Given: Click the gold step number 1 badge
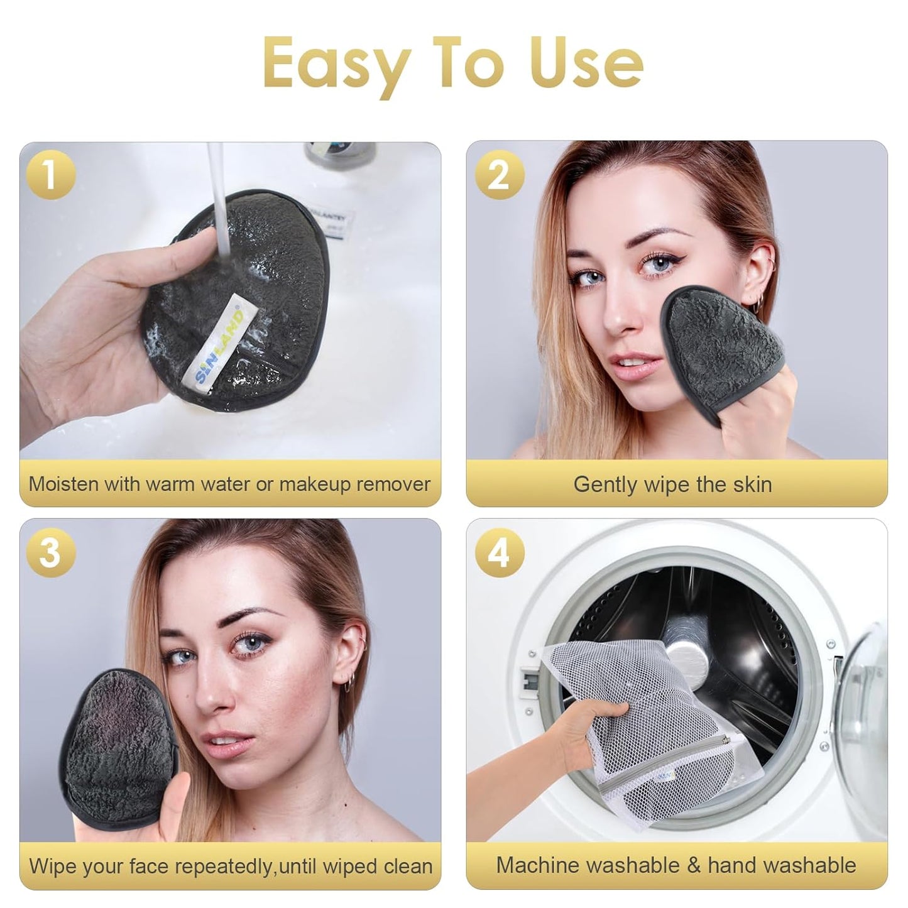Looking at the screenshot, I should pyautogui.click(x=50, y=175).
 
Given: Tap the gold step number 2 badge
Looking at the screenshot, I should pyautogui.click(x=498, y=175).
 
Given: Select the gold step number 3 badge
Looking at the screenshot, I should pyautogui.click(x=50, y=552).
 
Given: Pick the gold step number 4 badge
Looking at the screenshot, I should pyautogui.click(x=498, y=552).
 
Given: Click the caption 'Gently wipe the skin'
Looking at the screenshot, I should pyautogui.click(x=672, y=484).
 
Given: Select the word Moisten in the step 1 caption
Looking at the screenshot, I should pyautogui.click(x=63, y=484).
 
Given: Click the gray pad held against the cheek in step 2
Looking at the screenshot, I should pyautogui.click(x=723, y=330).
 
